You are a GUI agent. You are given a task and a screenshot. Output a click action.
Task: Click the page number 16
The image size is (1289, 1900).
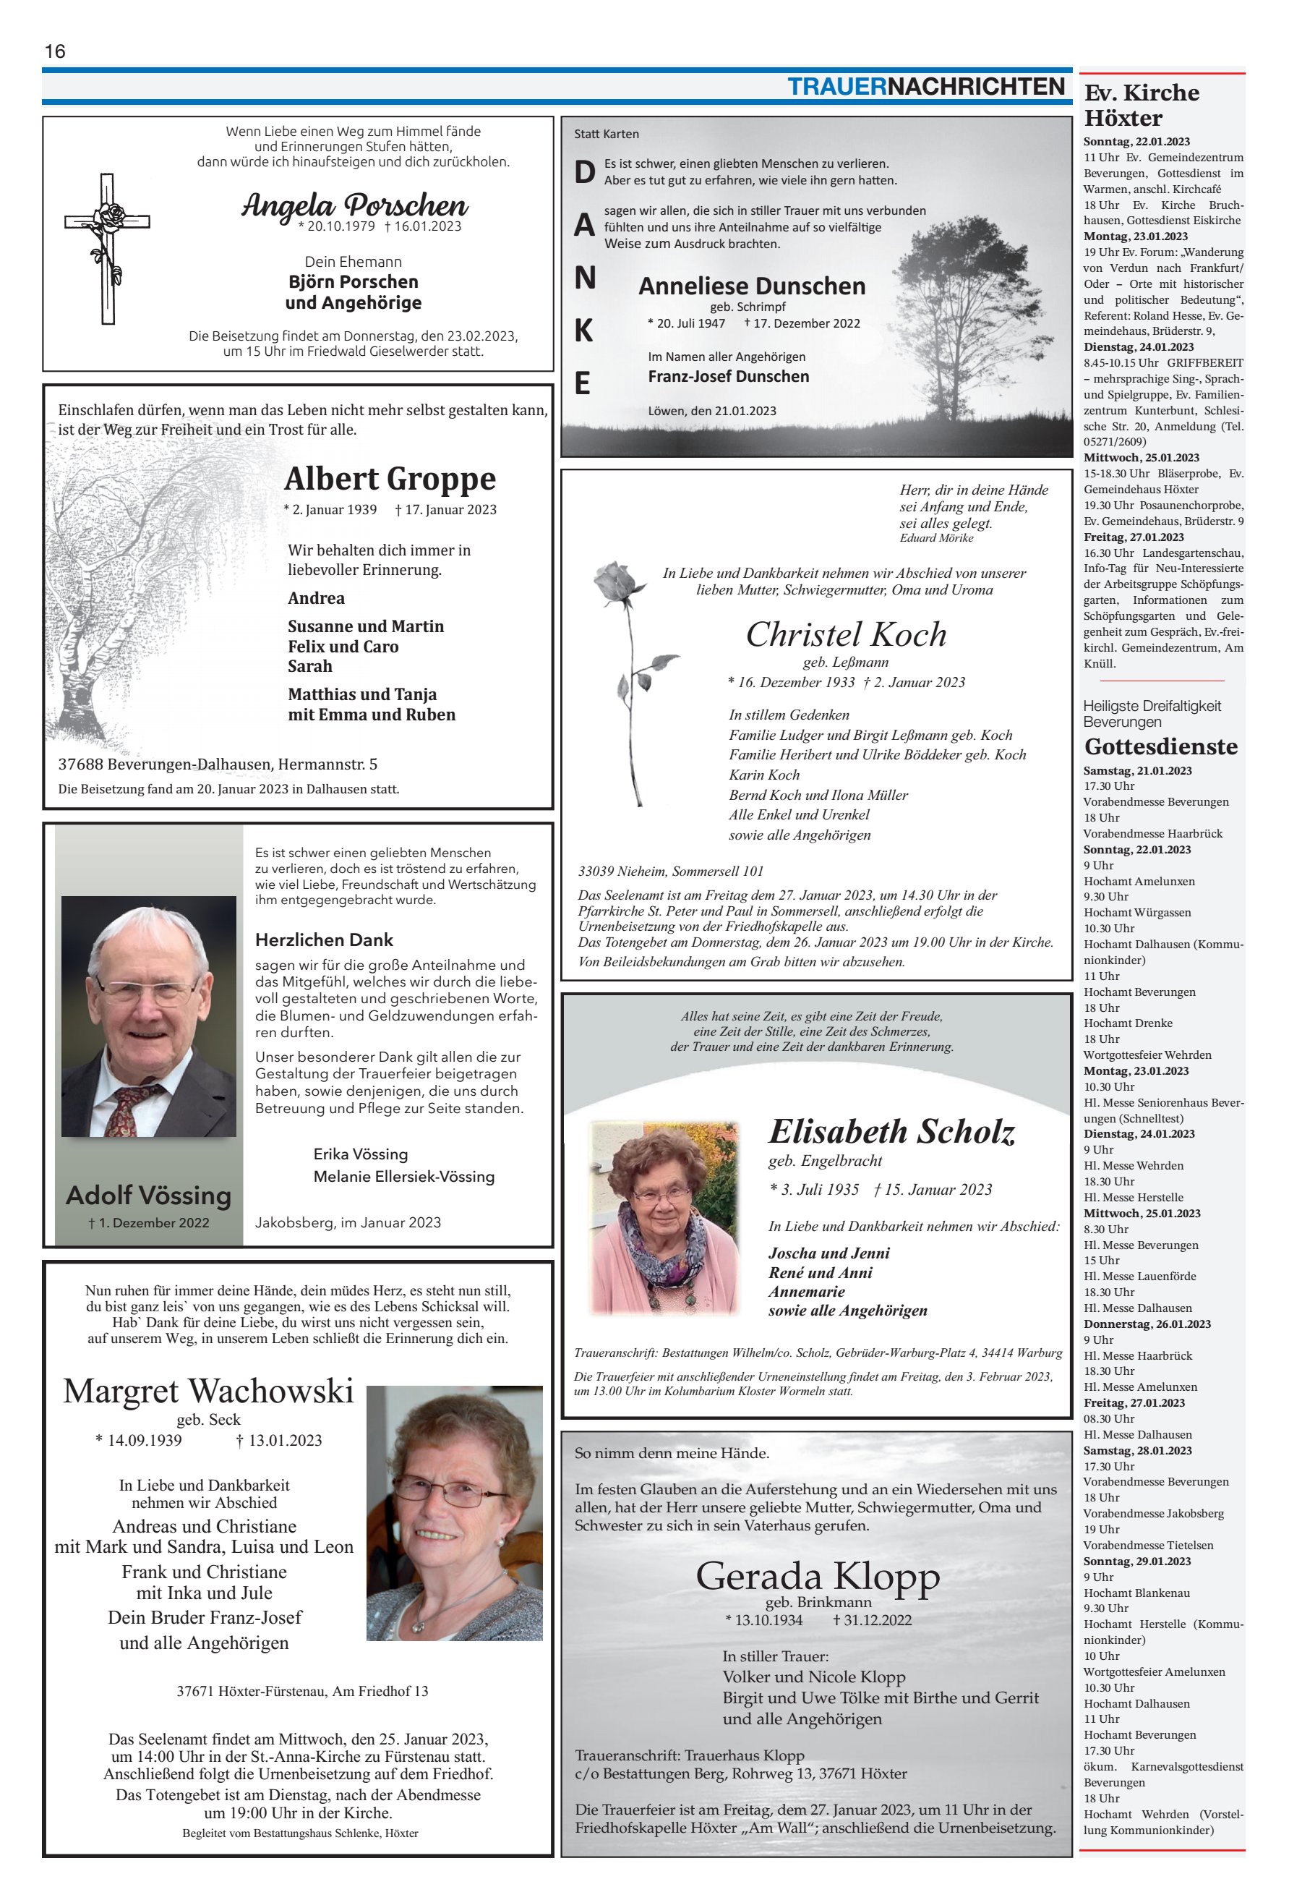tap(55, 51)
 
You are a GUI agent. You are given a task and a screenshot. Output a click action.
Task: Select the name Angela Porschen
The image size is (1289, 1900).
tap(354, 205)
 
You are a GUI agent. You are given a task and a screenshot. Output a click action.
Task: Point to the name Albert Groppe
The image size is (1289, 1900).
tap(390, 478)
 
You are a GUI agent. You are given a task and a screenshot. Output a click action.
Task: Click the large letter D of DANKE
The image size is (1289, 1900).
tap(583, 171)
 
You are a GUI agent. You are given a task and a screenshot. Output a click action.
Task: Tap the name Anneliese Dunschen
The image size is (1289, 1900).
tap(751, 286)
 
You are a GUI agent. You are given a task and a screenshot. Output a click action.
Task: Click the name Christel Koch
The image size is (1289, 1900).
tap(846, 634)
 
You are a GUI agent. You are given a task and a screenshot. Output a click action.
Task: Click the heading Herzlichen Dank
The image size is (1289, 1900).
tap(324, 940)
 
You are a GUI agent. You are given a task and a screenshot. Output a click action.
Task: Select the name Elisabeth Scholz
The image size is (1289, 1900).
tap(891, 1131)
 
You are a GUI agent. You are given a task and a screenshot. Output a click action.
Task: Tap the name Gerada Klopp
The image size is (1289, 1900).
tap(818, 1576)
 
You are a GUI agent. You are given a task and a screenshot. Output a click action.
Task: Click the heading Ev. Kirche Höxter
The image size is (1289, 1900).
tap(1141, 105)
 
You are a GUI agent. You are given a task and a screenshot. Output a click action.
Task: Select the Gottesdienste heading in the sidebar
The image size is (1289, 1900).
tap(1160, 746)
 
